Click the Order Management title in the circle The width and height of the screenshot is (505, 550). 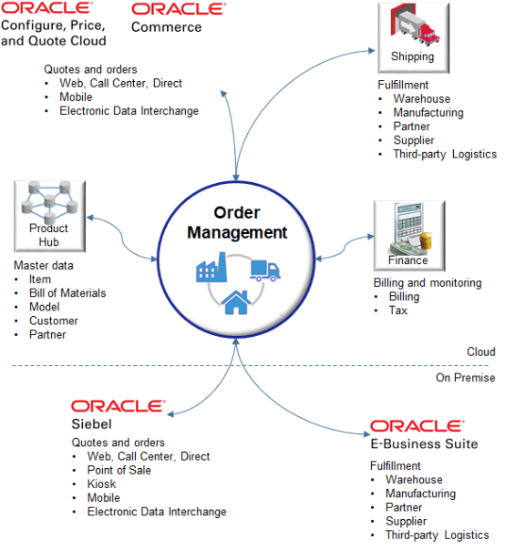click(x=237, y=223)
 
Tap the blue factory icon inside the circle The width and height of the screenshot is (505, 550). click(x=211, y=270)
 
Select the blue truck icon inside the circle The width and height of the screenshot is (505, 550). click(x=264, y=270)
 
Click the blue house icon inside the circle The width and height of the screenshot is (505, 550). click(x=236, y=301)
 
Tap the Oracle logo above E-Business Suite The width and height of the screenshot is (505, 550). click(x=416, y=426)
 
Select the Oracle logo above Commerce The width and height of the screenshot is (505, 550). click(x=178, y=9)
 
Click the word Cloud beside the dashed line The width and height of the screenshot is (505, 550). click(x=480, y=351)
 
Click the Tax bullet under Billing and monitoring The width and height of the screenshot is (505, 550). click(x=398, y=311)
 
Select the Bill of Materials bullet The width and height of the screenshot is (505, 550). click(x=67, y=293)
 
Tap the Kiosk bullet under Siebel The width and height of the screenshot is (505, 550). click(x=102, y=484)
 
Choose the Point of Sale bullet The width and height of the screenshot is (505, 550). click(x=119, y=471)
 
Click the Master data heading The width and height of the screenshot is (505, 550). click(x=44, y=266)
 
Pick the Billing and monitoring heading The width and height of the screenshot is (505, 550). click(x=428, y=283)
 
